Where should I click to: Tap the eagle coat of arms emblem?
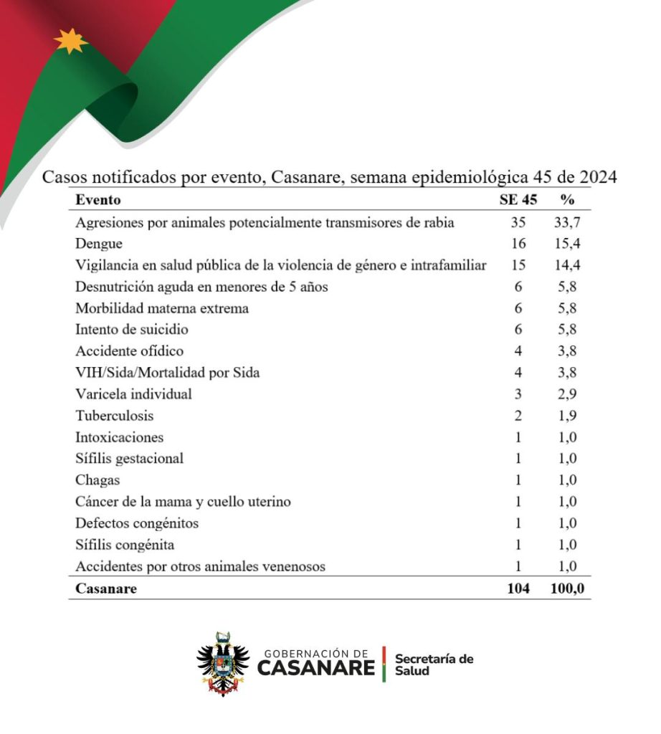(223, 663)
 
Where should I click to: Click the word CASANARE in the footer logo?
(315, 669)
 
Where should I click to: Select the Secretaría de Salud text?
(434, 664)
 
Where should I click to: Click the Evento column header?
(98, 199)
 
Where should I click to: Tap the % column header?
(566, 199)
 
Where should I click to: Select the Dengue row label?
(99, 244)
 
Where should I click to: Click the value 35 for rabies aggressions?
(518, 222)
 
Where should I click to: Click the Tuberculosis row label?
(115, 416)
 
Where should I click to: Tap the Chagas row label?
(98, 480)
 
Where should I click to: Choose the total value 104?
(516, 588)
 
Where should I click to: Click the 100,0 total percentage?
(565, 588)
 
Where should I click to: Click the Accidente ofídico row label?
(129, 351)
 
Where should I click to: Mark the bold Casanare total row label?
(106, 588)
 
